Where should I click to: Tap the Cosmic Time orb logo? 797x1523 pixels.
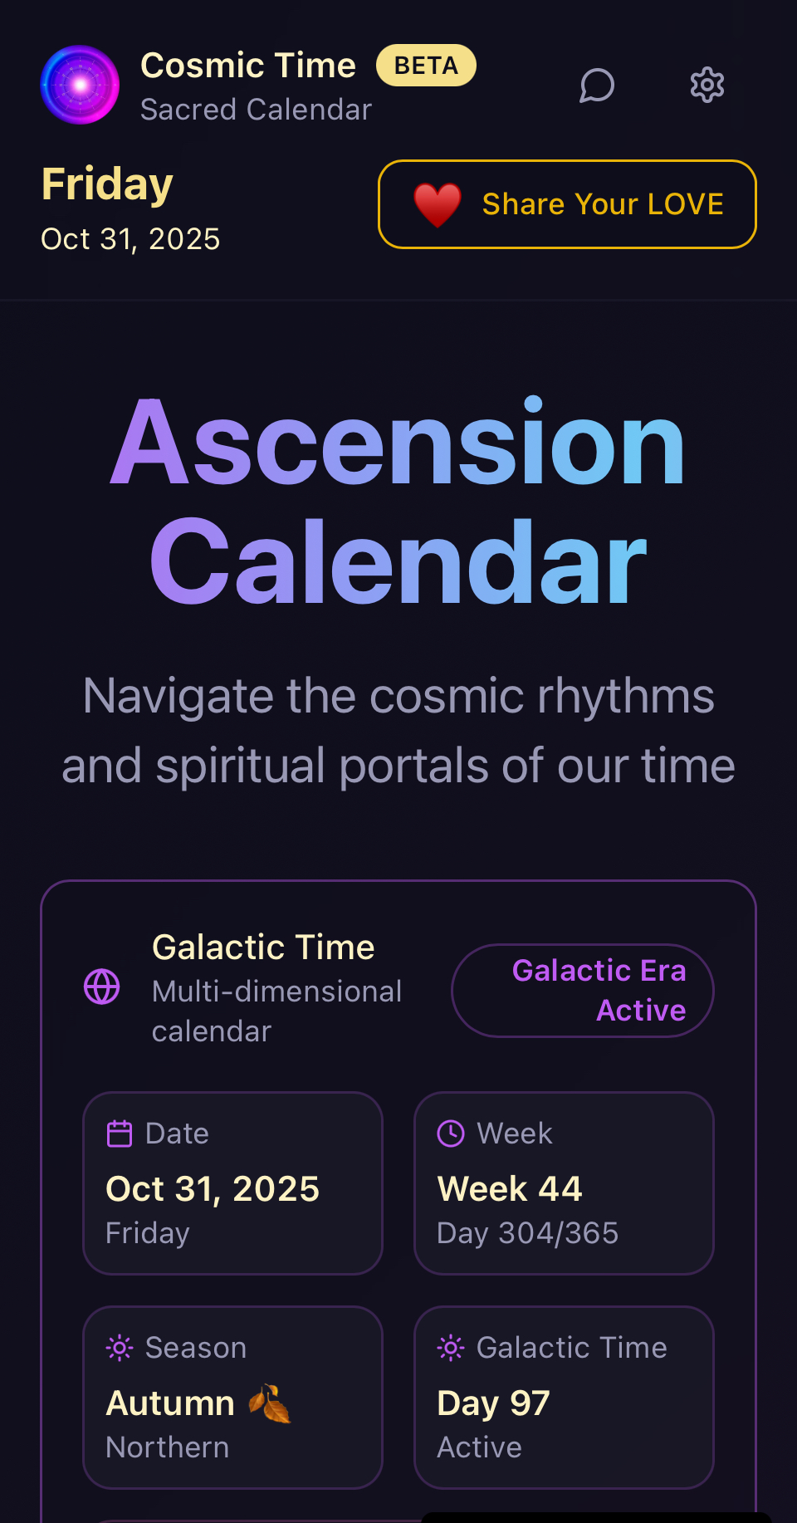pyautogui.click(x=80, y=85)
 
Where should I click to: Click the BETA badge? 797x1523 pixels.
pyautogui.click(x=426, y=66)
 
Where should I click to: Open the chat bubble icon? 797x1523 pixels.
pyautogui.click(x=597, y=85)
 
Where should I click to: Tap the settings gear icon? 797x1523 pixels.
pyautogui.click(x=707, y=85)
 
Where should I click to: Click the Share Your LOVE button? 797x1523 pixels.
pyautogui.click(x=567, y=204)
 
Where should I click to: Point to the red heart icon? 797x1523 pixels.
pyautogui.click(x=438, y=204)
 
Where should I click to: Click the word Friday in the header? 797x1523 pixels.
pyautogui.click(x=108, y=184)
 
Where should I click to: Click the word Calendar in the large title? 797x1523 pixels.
pyautogui.click(x=398, y=561)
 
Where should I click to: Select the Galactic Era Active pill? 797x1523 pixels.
pyautogui.click(x=583, y=991)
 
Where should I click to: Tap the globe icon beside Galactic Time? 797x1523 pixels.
pyautogui.click(x=102, y=987)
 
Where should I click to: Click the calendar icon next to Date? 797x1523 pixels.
pyautogui.click(x=120, y=1134)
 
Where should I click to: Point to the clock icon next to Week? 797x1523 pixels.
pyautogui.click(x=451, y=1134)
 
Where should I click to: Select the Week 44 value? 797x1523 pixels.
pyautogui.click(x=510, y=1188)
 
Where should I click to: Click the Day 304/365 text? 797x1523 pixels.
pyautogui.click(x=528, y=1233)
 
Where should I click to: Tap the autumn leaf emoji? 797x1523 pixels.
pyautogui.click(x=270, y=1403)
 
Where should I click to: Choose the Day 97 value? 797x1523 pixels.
pyautogui.click(x=494, y=1403)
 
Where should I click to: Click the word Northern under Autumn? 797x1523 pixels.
pyautogui.click(x=168, y=1447)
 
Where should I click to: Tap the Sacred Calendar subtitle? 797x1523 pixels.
pyautogui.click(x=257, y=110)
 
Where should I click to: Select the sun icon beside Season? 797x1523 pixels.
pyautogui.click(x=120, y=1348)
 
